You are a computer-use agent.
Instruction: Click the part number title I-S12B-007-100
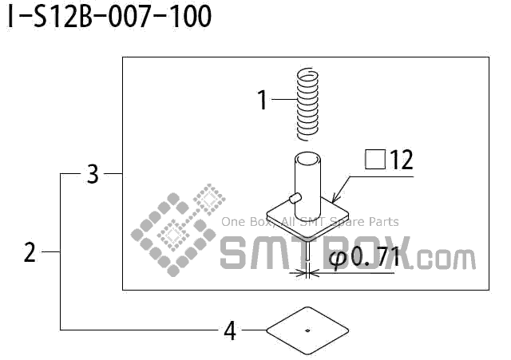109,18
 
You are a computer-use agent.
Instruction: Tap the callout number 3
93,173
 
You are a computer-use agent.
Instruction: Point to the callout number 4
230,330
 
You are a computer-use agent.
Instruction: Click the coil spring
307,103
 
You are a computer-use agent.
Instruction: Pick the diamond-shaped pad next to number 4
308,329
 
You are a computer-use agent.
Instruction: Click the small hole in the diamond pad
308,329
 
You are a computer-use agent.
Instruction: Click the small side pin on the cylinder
295,196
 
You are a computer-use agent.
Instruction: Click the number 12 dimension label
402,160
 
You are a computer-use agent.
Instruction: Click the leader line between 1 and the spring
283,100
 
